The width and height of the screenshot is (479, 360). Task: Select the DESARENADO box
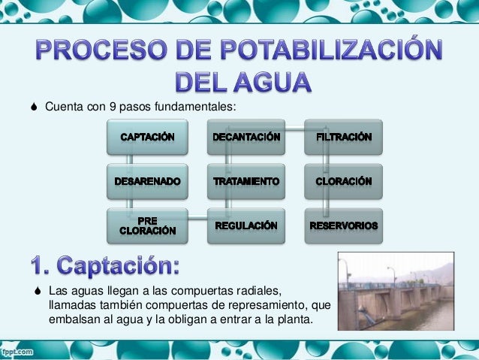pyautogui.click(x=148, y=182)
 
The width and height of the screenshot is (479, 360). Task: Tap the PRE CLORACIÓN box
pyautogui.click(x=148, y=225)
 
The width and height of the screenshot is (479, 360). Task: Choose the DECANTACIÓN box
pyautogui.click(x=246, y=138)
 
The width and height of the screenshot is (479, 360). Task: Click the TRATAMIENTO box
pyautogui.click(x=246, y=182)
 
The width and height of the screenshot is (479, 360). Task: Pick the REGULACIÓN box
pyautogui.click(x=246, y=225)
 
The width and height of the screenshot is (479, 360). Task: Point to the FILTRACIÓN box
pyautogui.click(x=344, y=138)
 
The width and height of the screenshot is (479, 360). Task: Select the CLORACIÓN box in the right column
pyautogui.click(x=344, y=182)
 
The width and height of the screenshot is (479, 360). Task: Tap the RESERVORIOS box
pyautogui.click(x=344, y=225)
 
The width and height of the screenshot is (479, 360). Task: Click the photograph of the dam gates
pyautogui.click(x=396, y=291)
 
